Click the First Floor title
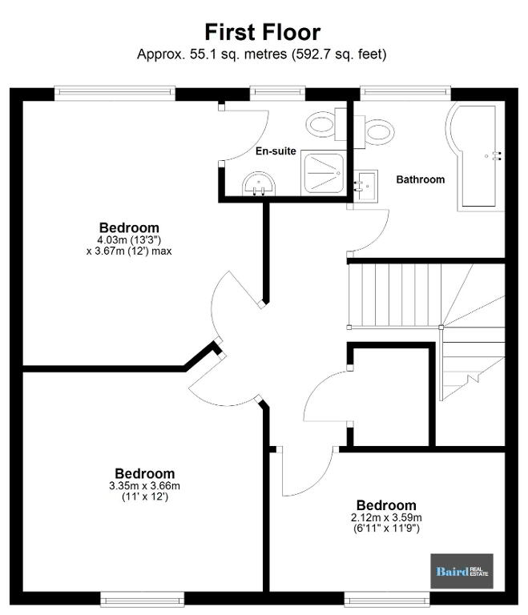point(263,32)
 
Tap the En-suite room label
point(276,151)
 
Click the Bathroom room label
point(421,179)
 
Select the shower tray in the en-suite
point(324,173)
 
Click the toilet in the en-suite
point(326,123)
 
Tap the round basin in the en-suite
point(259,183)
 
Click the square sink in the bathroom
point(365,186)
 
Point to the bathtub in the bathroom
point(476,157)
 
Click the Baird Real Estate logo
point(462,571)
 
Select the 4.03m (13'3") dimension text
point(129,240)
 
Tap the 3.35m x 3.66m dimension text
point(145,486)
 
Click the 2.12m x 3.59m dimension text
point(387,518)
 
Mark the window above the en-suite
point(277,93)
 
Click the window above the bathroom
point(405,93)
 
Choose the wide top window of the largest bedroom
point(115,93)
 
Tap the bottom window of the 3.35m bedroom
point(142,599)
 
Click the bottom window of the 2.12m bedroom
point(387,599)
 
